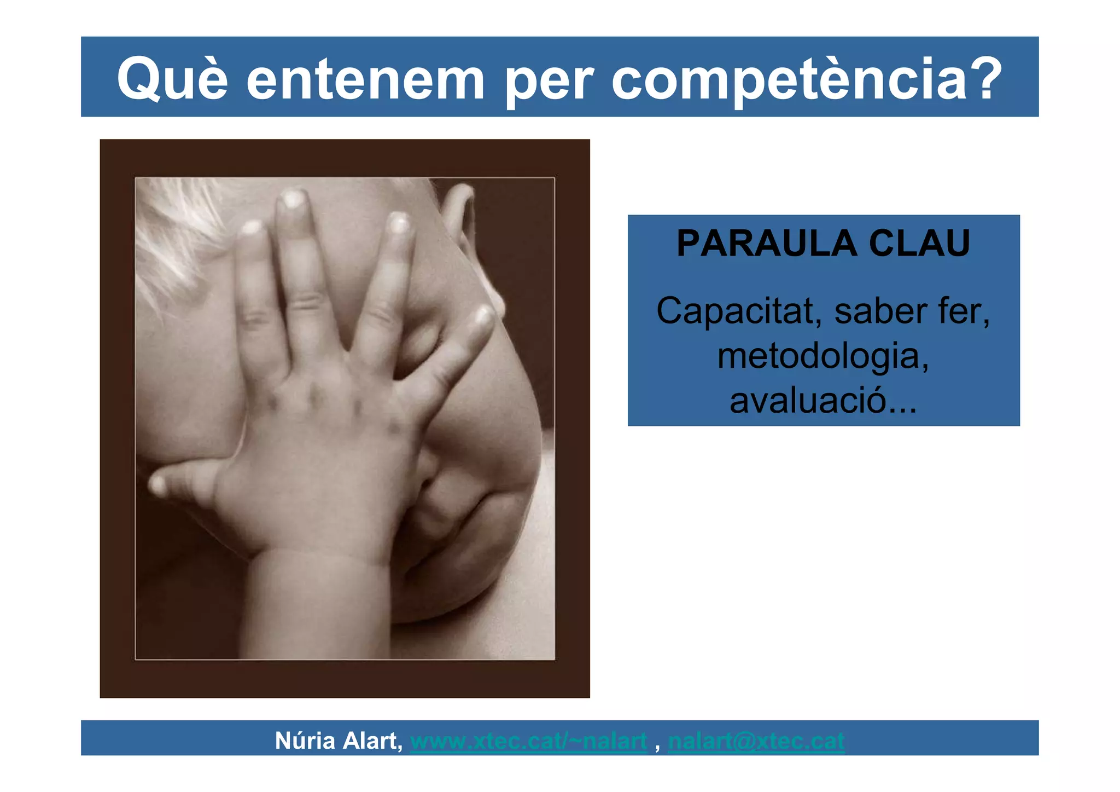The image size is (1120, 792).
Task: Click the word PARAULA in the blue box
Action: click(765, 243)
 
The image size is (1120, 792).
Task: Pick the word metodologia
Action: click(823, 356)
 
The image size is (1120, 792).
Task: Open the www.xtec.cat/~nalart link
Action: click(528, 741)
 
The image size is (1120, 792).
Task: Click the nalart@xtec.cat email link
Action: click(756, 741)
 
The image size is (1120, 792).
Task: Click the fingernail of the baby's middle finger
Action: click(293, 198)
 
